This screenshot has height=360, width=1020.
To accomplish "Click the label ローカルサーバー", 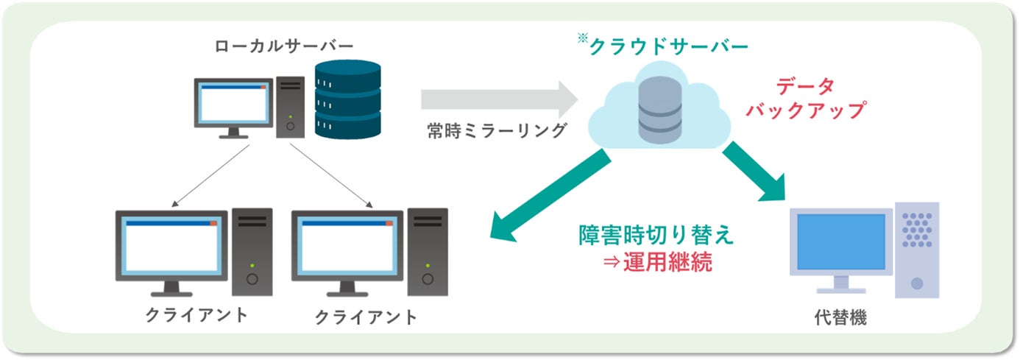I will click(x=284, y=46).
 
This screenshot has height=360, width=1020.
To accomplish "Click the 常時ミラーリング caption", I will click(x=497, y=130).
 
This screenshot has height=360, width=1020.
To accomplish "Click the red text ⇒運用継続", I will click(x=657, y=263).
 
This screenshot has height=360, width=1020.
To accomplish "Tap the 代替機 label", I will click(x=840, y=318).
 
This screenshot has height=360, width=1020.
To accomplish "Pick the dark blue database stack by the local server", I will click(x=348, y=99).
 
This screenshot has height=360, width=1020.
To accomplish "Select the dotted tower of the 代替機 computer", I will click(x=917, y=250).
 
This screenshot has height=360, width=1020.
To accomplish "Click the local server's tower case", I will click(x=291, y=107).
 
